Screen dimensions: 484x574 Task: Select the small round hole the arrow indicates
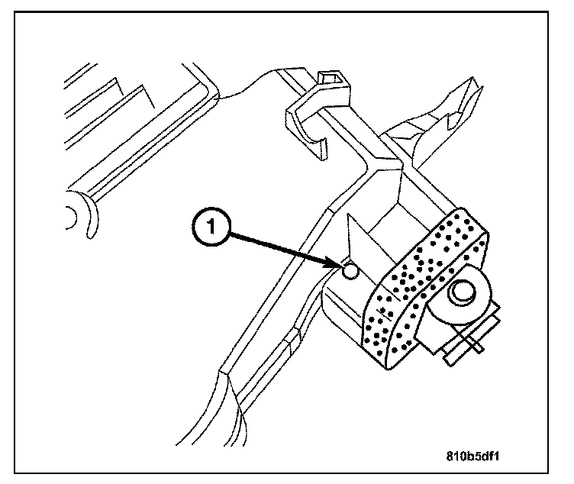(350, 271)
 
